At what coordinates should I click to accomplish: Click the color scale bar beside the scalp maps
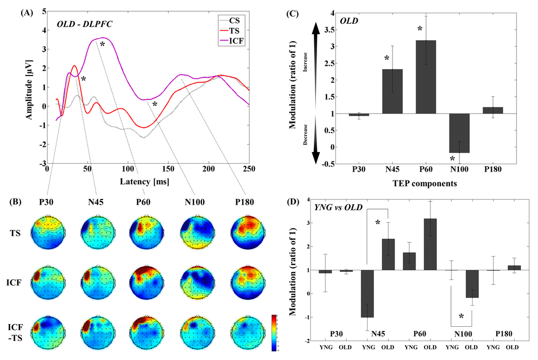tap(274, 333)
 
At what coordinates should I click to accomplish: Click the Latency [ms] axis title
tap(148, 182)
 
